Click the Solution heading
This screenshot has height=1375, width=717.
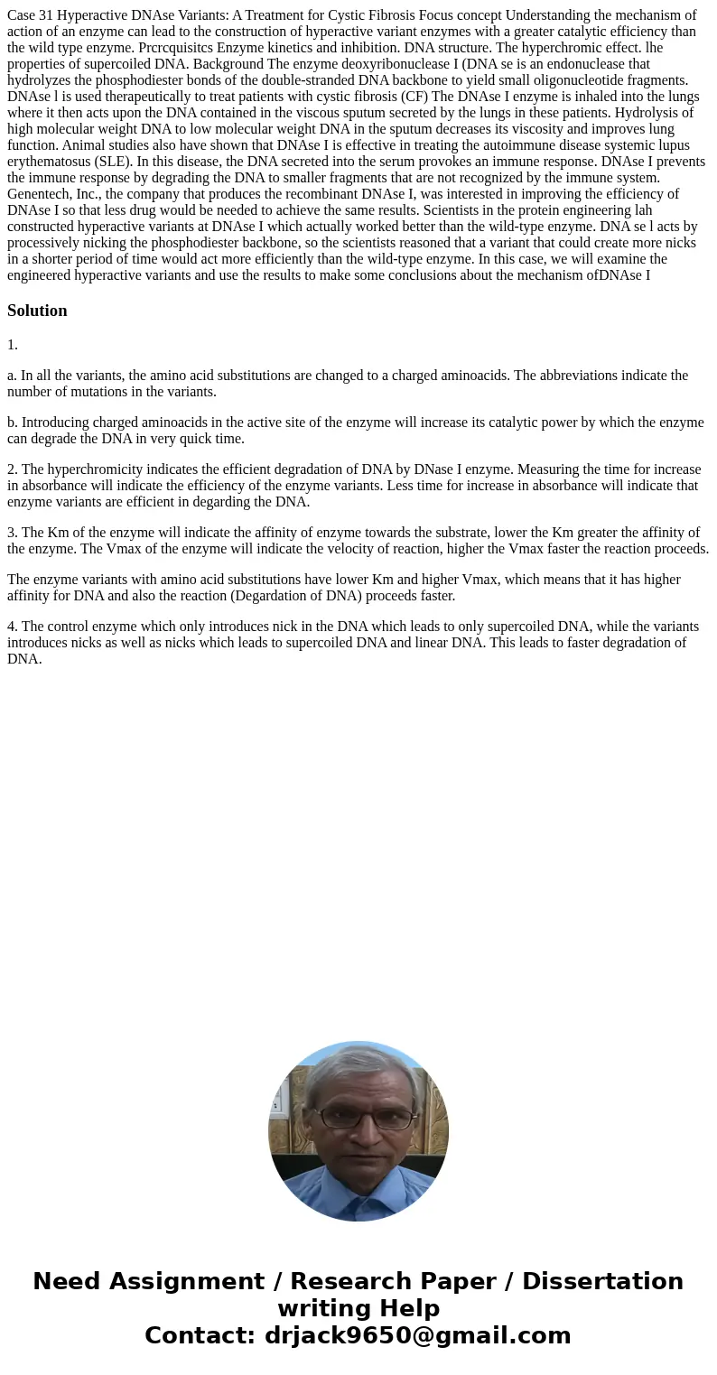point(37,311)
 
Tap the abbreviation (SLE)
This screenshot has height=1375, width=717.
point(114,162)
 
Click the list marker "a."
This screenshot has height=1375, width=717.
point(13,376)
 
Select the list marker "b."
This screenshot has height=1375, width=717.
point(13,423)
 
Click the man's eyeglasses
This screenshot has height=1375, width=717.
point(359,1119)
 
